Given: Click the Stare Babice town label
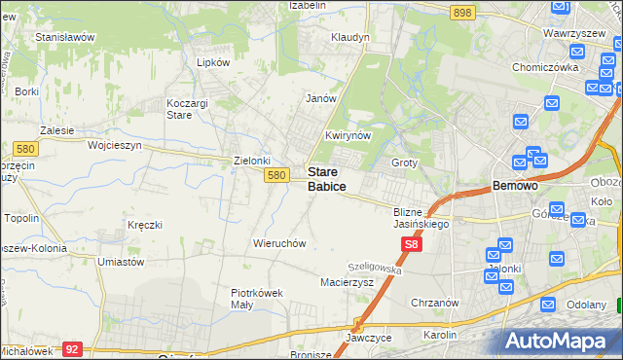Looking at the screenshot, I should [x=327, y=178].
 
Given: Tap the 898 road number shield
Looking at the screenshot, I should [x=462, y=12].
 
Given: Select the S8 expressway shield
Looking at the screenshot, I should [x=412, y=246].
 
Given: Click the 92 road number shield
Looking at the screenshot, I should [x=71, y=347].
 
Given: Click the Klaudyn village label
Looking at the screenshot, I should [x=350, y=37].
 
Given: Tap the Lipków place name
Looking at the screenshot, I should [x=212, y=61].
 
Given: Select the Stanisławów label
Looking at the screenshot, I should [x=63, y=37].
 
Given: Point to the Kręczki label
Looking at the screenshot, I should [x=144, y=225].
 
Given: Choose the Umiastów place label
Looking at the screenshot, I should [x=121, y=262].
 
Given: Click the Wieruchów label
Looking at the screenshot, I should [x=279, y=243].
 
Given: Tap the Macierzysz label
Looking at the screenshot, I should [x=347, y=282].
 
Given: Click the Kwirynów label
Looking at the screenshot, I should [x=348, y=136].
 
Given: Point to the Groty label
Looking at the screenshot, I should [x=404, y=162].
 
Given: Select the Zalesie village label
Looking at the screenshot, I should [x=57, y=128].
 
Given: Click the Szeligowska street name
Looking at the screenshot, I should [x=375, y=267].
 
